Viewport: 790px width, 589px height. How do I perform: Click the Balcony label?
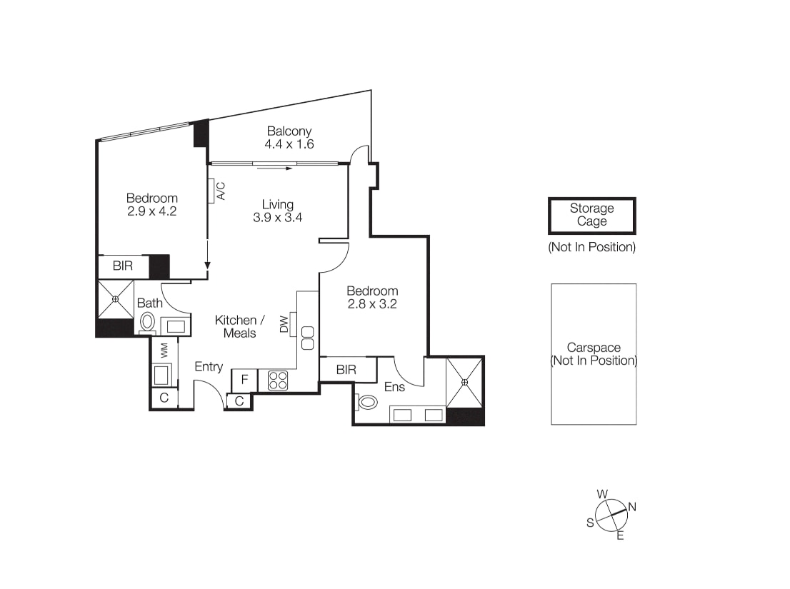(289, 131)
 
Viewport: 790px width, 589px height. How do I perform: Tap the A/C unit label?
(221, 191)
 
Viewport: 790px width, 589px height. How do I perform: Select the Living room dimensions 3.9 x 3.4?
(278, 218)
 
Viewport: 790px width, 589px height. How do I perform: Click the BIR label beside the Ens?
(346, 370)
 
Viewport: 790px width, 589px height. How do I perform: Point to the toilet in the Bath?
(147, 322)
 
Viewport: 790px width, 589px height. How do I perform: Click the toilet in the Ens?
(367, 402)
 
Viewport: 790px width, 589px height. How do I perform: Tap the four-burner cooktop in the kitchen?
(278, 381)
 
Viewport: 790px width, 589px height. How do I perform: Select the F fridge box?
(244, 380)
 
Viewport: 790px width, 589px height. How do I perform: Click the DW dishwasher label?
(284, 324)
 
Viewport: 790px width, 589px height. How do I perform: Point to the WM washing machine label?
(164, 351)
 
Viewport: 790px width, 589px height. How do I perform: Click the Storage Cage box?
(592, 216)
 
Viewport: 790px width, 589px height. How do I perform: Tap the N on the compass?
(632, 507)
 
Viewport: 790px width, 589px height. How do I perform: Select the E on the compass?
(620, 535)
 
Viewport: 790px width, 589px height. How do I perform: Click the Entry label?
(209, 367)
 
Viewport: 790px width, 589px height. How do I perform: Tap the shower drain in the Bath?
(116, 299)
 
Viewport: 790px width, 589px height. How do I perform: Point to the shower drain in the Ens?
(464, 383)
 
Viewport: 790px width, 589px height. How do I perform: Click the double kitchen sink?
(307, 338)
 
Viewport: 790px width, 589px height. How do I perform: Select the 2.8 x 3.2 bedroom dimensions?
(372, 304)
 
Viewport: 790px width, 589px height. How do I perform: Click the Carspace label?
(594, 348)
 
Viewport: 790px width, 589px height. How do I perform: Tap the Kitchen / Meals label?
(240, 327)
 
